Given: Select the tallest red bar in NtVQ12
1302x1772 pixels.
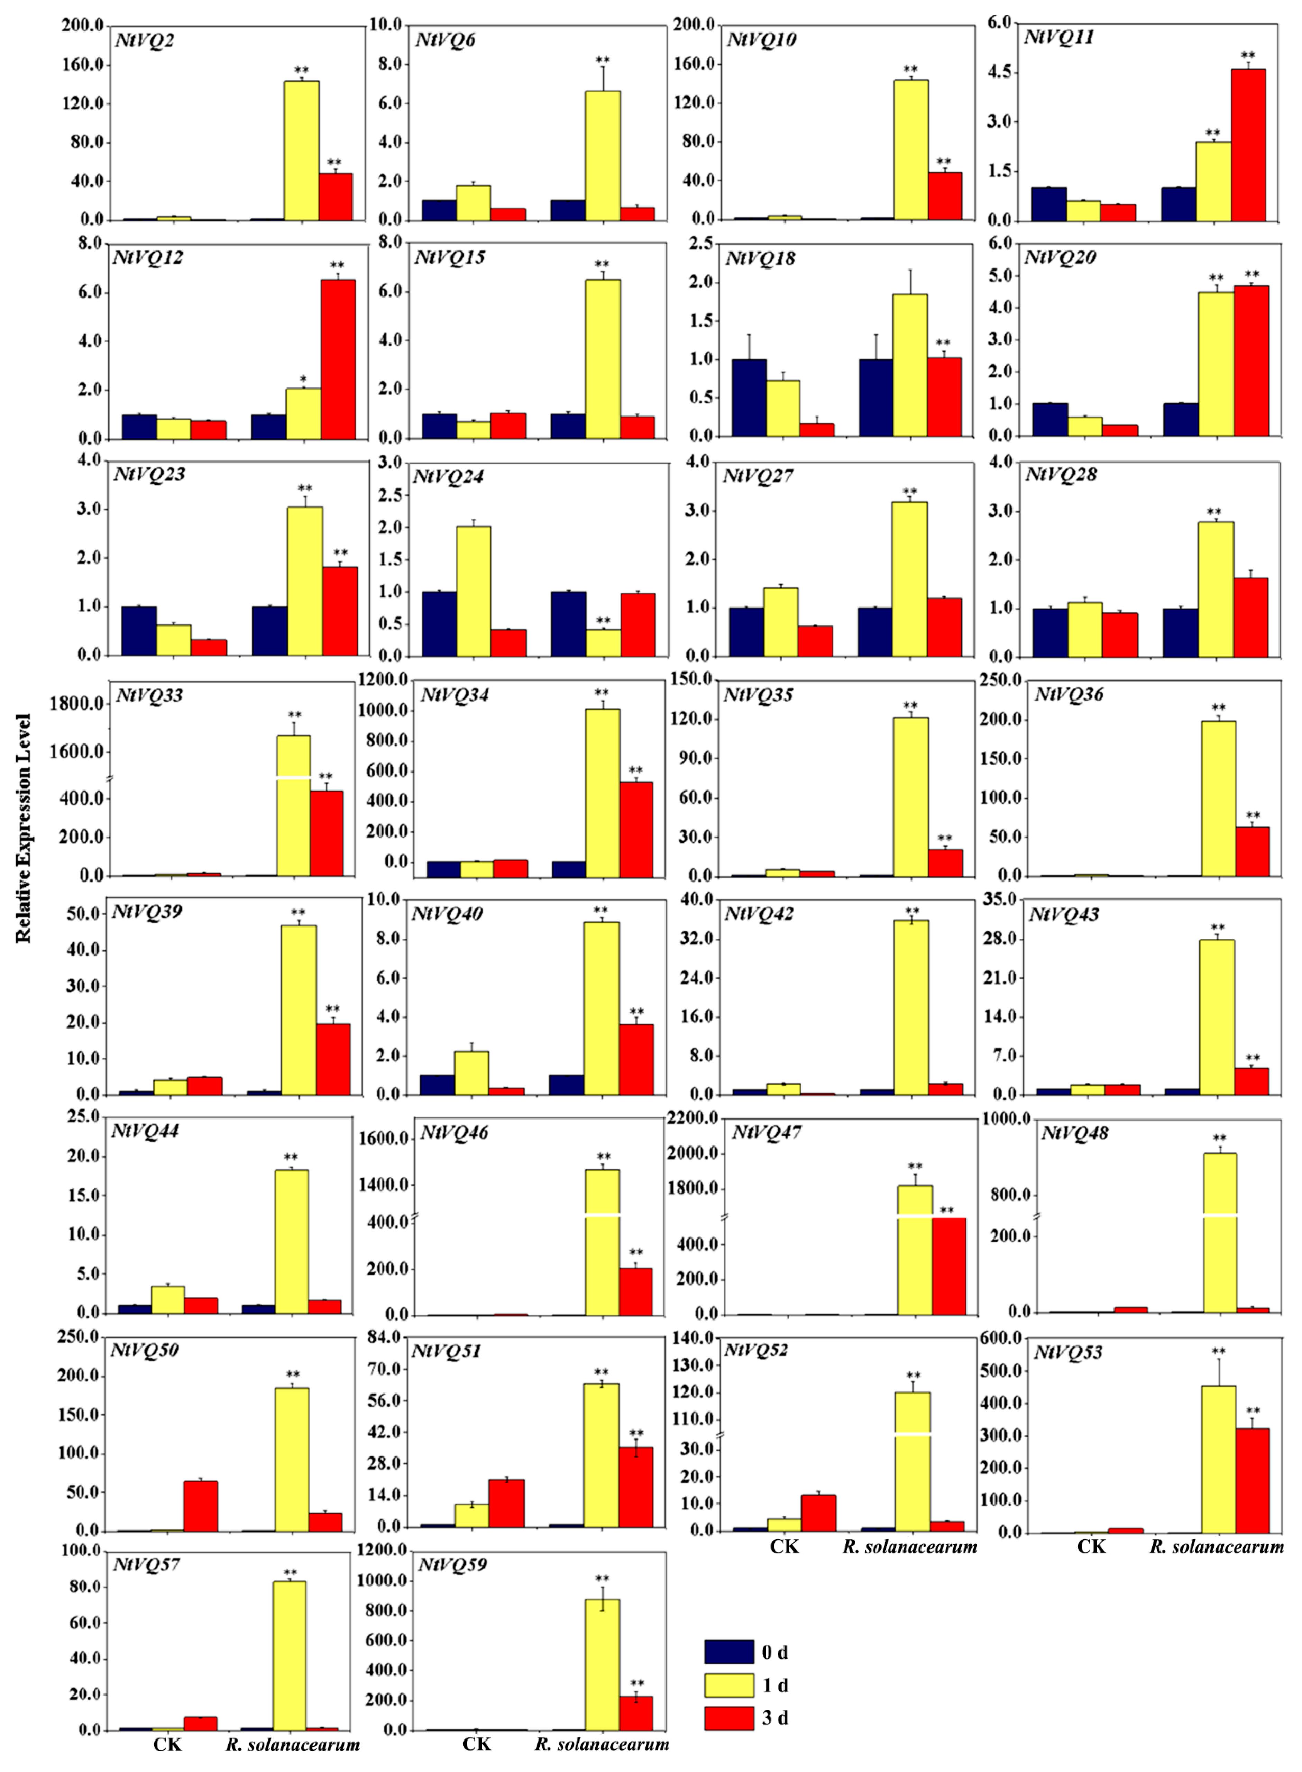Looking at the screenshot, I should point(338,359).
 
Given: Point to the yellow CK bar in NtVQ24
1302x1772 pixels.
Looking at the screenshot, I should point(474,591).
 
